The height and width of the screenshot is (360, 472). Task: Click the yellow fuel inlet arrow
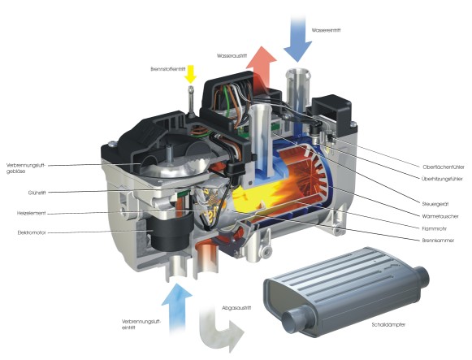coord(192,75)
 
